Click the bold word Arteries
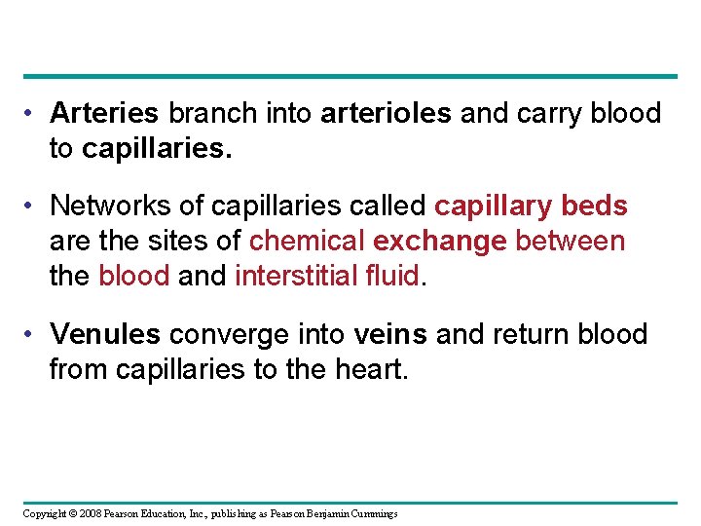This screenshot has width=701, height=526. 103,114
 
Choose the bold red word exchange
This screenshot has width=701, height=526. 440,241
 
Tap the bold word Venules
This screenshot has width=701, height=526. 105,334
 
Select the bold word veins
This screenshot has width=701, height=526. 390,334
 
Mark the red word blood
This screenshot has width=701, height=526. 134,276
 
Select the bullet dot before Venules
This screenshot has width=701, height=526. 33,335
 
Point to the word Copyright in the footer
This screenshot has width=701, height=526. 44,513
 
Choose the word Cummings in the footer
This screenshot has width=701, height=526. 372,513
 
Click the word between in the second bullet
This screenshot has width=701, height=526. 571,241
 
